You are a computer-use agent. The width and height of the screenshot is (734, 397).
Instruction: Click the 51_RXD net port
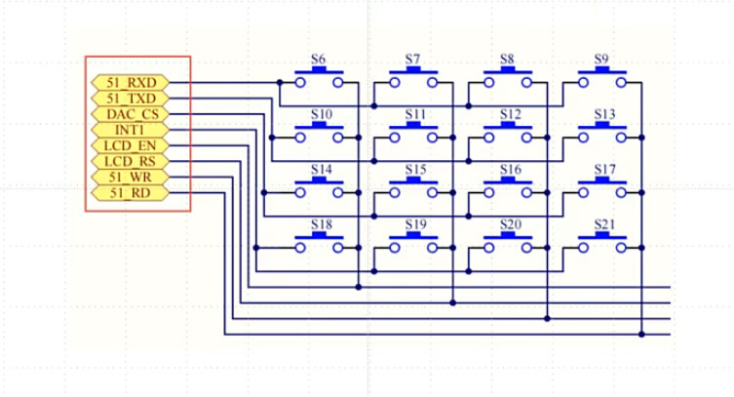130,83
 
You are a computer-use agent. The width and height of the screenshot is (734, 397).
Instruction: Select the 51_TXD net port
130,99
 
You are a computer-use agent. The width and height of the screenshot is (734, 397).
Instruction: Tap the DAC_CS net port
130,114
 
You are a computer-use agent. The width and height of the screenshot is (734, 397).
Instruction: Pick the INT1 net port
130,130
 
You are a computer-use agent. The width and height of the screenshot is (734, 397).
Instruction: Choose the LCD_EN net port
130,145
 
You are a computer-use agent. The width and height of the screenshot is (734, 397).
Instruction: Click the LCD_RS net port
130,161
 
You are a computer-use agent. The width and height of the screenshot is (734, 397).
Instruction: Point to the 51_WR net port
130,177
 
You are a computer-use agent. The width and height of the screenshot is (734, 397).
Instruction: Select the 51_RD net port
130,192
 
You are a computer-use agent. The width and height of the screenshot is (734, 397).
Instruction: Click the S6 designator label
318,60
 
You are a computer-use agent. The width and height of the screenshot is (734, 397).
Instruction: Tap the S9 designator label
603,60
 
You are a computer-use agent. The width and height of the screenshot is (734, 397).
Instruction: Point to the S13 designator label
604,114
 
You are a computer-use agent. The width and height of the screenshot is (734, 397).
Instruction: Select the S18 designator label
321,224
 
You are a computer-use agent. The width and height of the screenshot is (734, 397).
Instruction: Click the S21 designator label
604,224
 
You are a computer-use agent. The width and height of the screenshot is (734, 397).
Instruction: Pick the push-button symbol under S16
510,188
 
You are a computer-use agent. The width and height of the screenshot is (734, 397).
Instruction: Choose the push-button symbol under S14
321,188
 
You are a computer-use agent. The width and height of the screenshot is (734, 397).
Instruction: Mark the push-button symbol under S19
415,244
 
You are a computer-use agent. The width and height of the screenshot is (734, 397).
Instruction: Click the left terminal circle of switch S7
396,83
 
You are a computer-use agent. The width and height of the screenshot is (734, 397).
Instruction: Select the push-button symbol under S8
510,79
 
